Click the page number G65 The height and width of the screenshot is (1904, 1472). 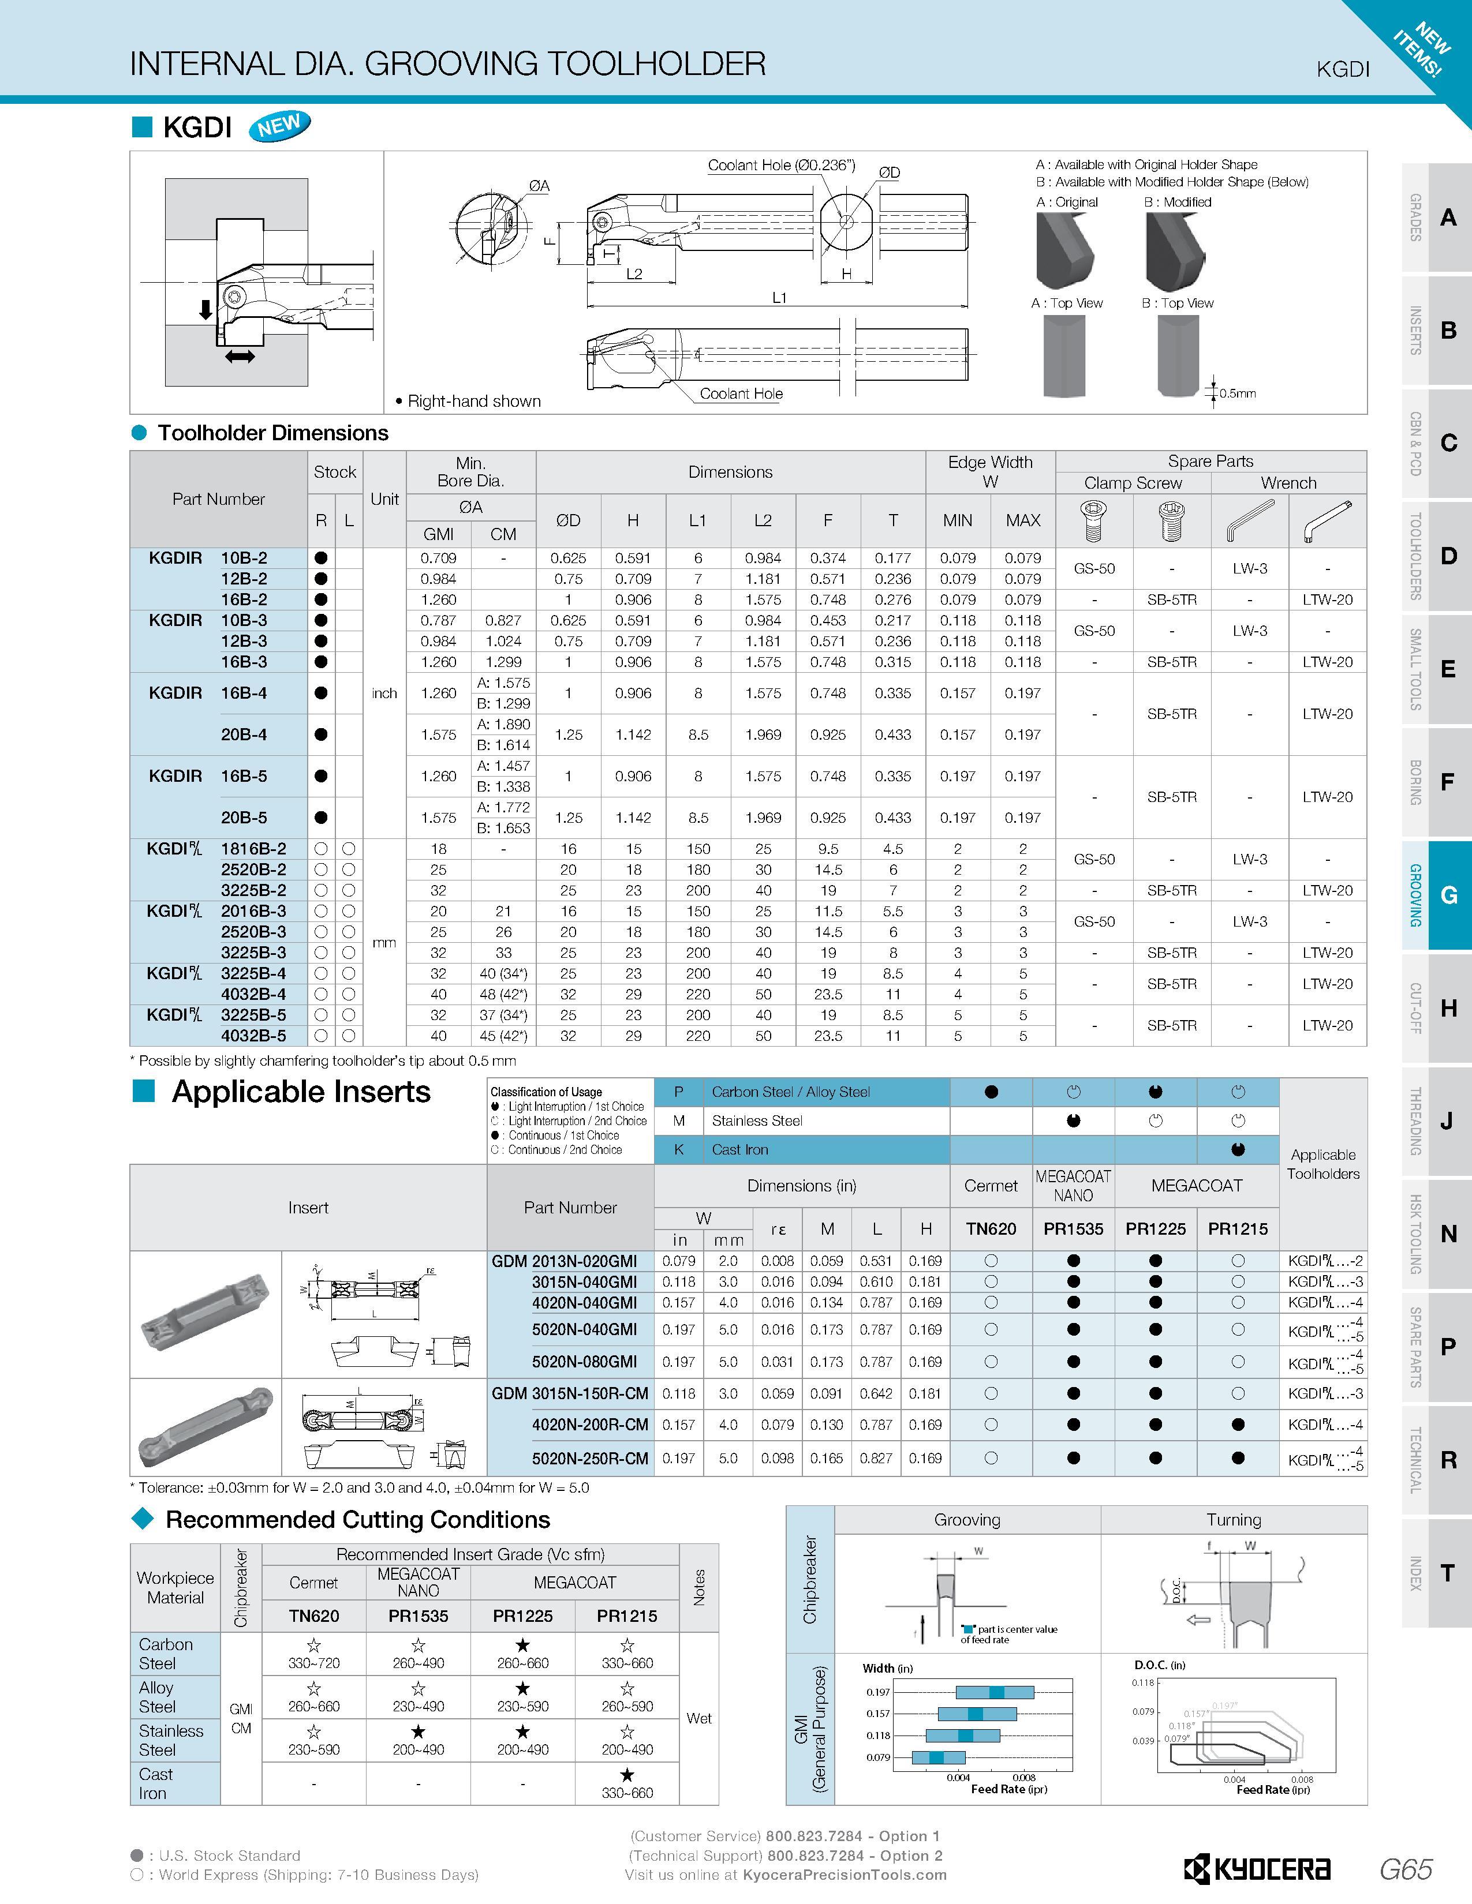coord(1406,1869)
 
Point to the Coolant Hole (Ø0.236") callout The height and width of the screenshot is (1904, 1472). coord(782,165)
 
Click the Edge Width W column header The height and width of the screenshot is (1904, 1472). coord(990,471)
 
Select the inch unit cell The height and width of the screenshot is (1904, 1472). coord(384,693)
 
